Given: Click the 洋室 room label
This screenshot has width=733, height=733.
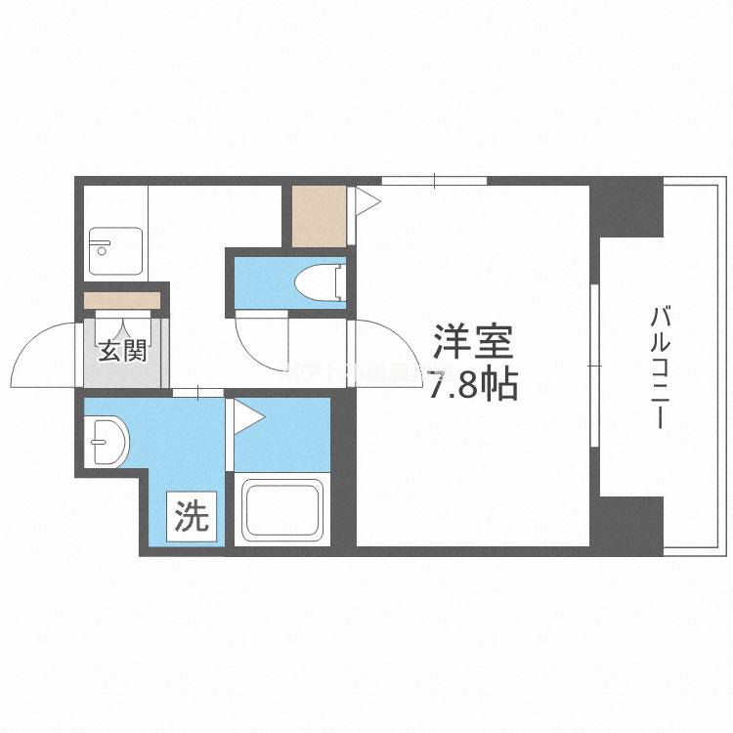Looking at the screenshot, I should coord(474,344).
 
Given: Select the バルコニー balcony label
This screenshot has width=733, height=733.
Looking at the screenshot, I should coord(661,367).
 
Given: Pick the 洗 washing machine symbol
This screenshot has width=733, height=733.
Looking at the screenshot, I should coord(192,517).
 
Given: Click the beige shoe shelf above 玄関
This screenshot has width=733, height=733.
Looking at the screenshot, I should coord(122,301).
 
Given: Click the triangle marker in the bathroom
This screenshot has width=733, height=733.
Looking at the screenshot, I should coord(246,416).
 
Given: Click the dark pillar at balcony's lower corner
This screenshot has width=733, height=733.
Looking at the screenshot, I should coord(629,525).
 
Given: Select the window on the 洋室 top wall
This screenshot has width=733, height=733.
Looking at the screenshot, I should coord(434,180).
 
